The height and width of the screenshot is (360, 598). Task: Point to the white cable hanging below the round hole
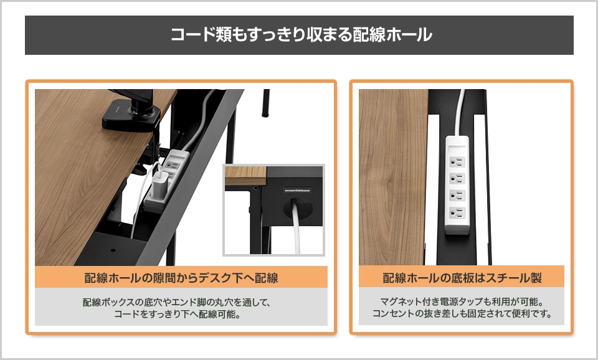(x=297, y=233)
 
